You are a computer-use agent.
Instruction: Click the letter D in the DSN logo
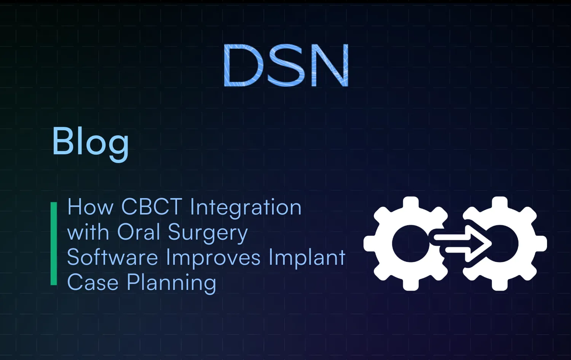pos(243,65)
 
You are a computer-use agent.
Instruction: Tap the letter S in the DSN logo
pos(285,65)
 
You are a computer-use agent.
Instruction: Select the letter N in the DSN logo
pos(330,65)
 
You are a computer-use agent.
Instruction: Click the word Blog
pos(90,142)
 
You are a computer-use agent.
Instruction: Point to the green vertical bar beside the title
pos(54,244)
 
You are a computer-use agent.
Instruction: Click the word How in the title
pos(90,207)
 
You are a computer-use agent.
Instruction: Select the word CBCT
pos(152,207)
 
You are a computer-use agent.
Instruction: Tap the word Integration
pos(246,208)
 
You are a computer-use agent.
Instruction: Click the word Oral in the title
pos(139,232)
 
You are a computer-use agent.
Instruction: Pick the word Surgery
pos(208,233)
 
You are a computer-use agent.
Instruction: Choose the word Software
pos(112,258)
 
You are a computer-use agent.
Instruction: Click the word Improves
pos(213,258)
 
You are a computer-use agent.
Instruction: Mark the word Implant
pos(307,258)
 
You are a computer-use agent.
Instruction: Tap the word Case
pos(93,283)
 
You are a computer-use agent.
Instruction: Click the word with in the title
pos(88,232)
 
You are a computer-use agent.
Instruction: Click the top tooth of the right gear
pos(499,203)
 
